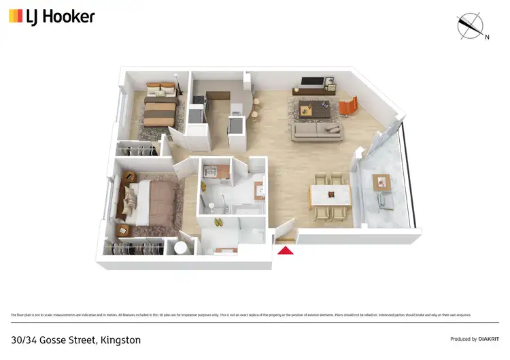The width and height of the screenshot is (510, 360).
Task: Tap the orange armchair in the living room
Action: point(348,105)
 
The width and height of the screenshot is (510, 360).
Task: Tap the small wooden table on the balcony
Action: point(381,182)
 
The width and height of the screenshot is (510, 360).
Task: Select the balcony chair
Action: point(385,201)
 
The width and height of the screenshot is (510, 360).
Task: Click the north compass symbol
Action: point(469,25)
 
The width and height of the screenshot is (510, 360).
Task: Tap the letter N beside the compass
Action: point(487,37)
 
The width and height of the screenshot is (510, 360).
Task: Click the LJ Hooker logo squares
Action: point(16,16)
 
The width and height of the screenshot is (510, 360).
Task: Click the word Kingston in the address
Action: point(124,339)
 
